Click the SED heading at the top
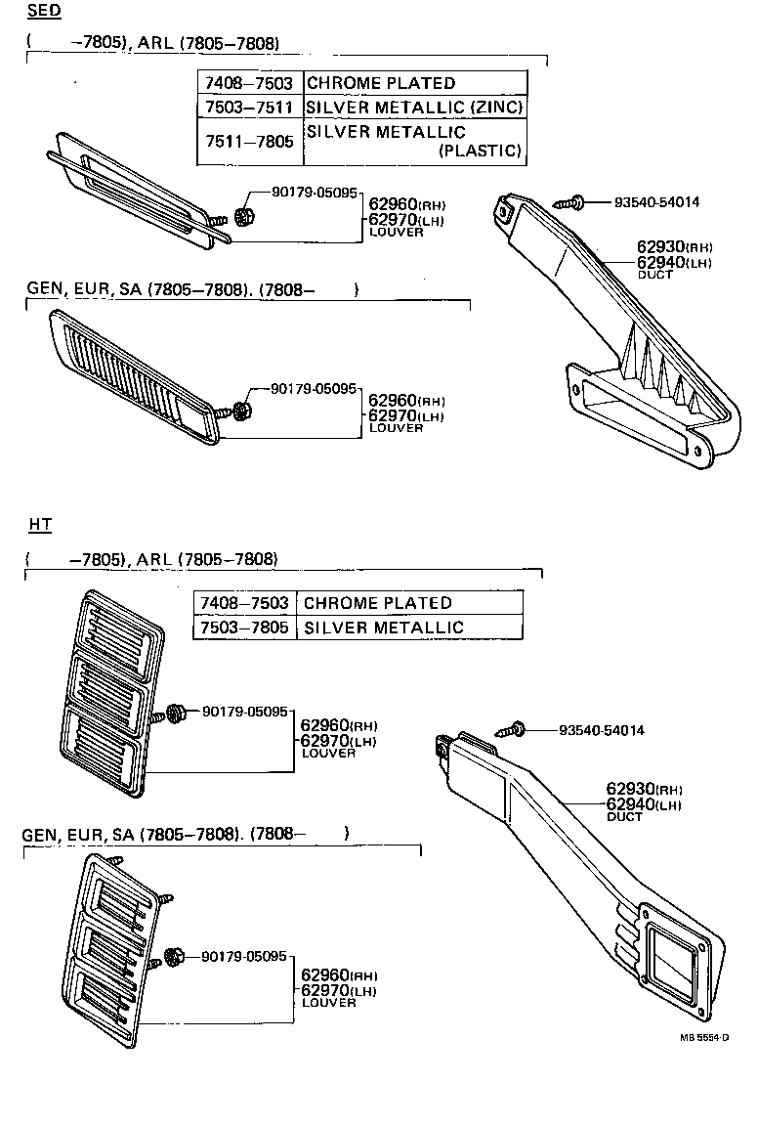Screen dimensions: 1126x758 [x=43, y=12]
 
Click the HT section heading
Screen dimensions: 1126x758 [x=40, y=525]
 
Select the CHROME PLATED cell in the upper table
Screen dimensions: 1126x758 [x=381, y=84]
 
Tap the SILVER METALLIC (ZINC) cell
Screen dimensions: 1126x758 [x=414, y=107]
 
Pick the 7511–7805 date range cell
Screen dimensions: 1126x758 [x=249, y=141]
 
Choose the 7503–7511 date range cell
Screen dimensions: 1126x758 [x=249, y=107]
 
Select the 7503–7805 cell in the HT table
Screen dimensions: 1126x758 [x=244, y=627]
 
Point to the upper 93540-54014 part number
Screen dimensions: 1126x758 [x=656, y=202]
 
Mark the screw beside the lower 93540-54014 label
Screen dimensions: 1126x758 [x=513, y=730]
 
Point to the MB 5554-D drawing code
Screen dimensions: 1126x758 [x=705, y=1037]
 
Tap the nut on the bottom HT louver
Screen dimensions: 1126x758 [x=177, y=955]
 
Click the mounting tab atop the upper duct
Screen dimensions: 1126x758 [x=506, y=207]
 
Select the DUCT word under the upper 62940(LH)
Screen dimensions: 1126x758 [x=654, y=276]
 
